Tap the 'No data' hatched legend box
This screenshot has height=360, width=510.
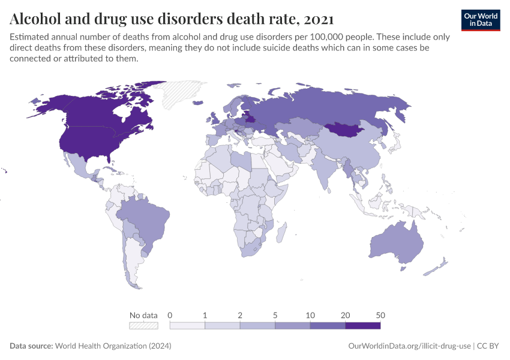tap(144, 325)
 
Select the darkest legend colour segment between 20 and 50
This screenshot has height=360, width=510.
tap(362, 325)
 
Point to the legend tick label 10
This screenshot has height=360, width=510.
tap(310, 315)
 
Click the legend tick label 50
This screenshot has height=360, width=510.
tap(380, 315)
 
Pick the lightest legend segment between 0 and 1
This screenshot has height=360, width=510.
tap(187, 325)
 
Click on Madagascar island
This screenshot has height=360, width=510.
tap(280, 230)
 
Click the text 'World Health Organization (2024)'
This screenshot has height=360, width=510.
tap(113, 346)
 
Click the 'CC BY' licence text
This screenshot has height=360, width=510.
tap(489, 346)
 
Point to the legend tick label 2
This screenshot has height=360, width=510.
tap(240, 315)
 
